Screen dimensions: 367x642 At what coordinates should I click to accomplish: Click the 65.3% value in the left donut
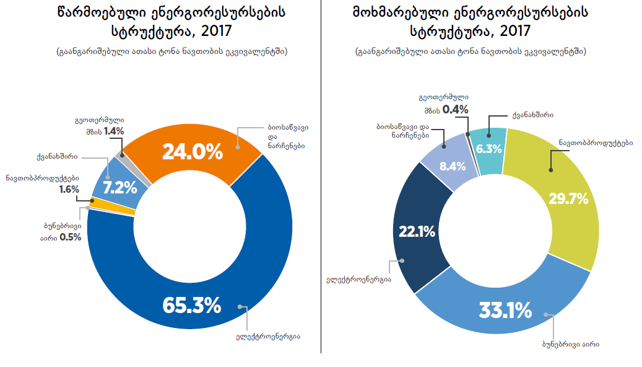click(x=191, y=305)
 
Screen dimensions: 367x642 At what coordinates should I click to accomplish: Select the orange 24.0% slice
click(x=192, y=151)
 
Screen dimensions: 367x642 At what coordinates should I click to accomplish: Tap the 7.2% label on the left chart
click(x=119, y=187)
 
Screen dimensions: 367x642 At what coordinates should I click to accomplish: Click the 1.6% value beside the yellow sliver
click(x=69, y=189)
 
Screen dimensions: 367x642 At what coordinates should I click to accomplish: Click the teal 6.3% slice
click(x=489, y=149)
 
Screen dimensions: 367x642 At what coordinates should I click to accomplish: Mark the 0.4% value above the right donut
click(x=455, y=110)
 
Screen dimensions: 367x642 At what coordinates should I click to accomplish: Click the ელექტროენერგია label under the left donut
click(x=268, y=337)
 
